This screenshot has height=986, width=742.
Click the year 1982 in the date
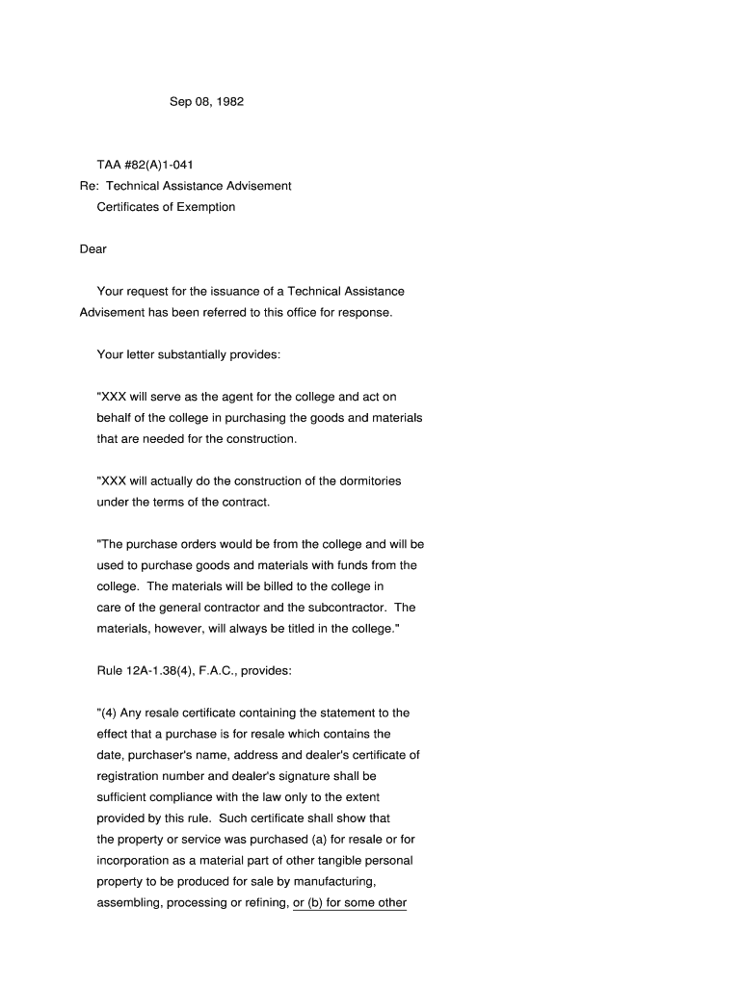point(228,101)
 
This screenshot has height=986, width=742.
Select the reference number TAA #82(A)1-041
point(138,165)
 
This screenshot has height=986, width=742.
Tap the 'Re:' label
point(89,186)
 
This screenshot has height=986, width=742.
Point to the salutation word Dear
point(93,249)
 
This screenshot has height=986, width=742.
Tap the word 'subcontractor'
point(351,608)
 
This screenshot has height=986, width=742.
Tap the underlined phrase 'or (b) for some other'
point(350,903)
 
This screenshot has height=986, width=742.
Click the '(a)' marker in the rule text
point(318,840)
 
